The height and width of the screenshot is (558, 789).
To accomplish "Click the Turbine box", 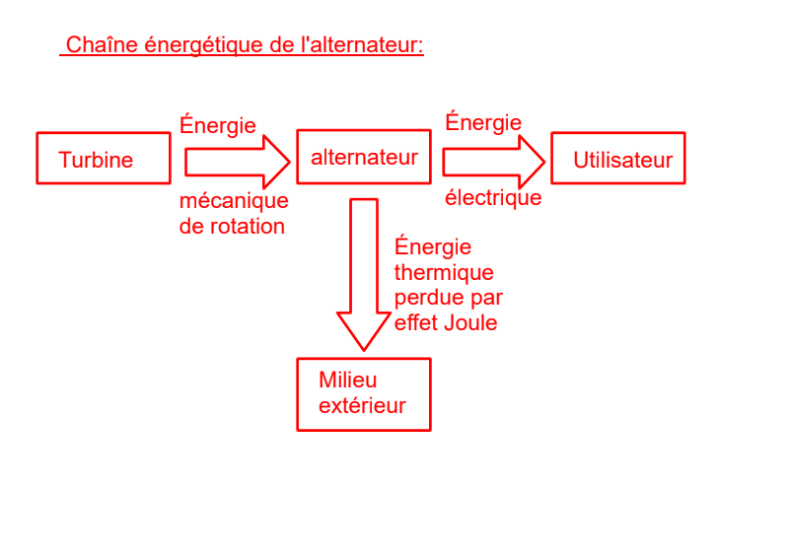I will click(103, 158).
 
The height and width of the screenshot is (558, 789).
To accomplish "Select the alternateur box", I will click(363, 157).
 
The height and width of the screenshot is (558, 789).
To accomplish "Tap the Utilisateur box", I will click(617, 158).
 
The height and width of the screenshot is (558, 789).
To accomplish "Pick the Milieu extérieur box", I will click(363, 393).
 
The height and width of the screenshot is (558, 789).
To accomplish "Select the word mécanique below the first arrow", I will click(234, 201).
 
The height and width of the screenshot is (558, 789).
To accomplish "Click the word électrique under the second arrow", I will click(493, 198).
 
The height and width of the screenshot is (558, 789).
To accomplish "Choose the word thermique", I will click(444, 272).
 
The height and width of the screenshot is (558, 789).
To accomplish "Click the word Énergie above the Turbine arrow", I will click(218, 125).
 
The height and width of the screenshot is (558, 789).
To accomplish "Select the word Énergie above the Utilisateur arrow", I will click(483, 122).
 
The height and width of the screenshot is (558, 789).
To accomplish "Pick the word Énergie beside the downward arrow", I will click(433, 246).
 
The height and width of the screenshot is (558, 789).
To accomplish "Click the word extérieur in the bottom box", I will click(362, 406).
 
